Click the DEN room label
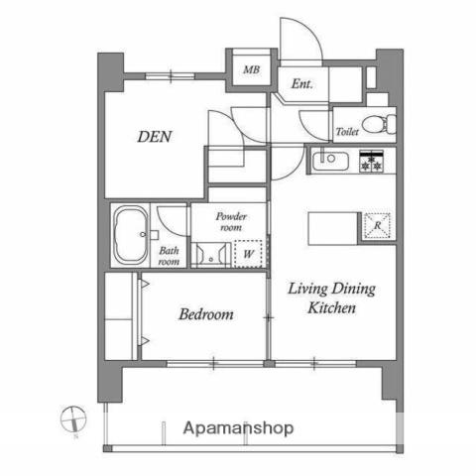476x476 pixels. [x=155, y=137]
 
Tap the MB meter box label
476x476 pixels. [x=252, y=69]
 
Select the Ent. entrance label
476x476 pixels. [x=301, y=84]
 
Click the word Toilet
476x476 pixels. [x=347, y=132]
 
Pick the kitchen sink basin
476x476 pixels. [x=330, y=161]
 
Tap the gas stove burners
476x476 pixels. [x=372, y=162]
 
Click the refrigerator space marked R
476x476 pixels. [x=377, y=226]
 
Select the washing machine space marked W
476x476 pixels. [x=248, y=254]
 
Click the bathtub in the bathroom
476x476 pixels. [x=130, y=235]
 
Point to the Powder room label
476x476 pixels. [x=231, y=222]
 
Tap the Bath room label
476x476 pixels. [x=169, y=256]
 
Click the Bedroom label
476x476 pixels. [x=206, y=314]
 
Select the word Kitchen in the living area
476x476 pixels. [x=332, y=307]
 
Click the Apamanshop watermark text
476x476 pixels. [x=238, y=428]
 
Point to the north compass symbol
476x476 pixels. [x=73, y=419]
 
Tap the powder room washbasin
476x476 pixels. [x=210, y=255]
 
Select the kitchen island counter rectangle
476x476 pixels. [x=333, y=229]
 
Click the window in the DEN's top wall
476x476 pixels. [x=170, y=76]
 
